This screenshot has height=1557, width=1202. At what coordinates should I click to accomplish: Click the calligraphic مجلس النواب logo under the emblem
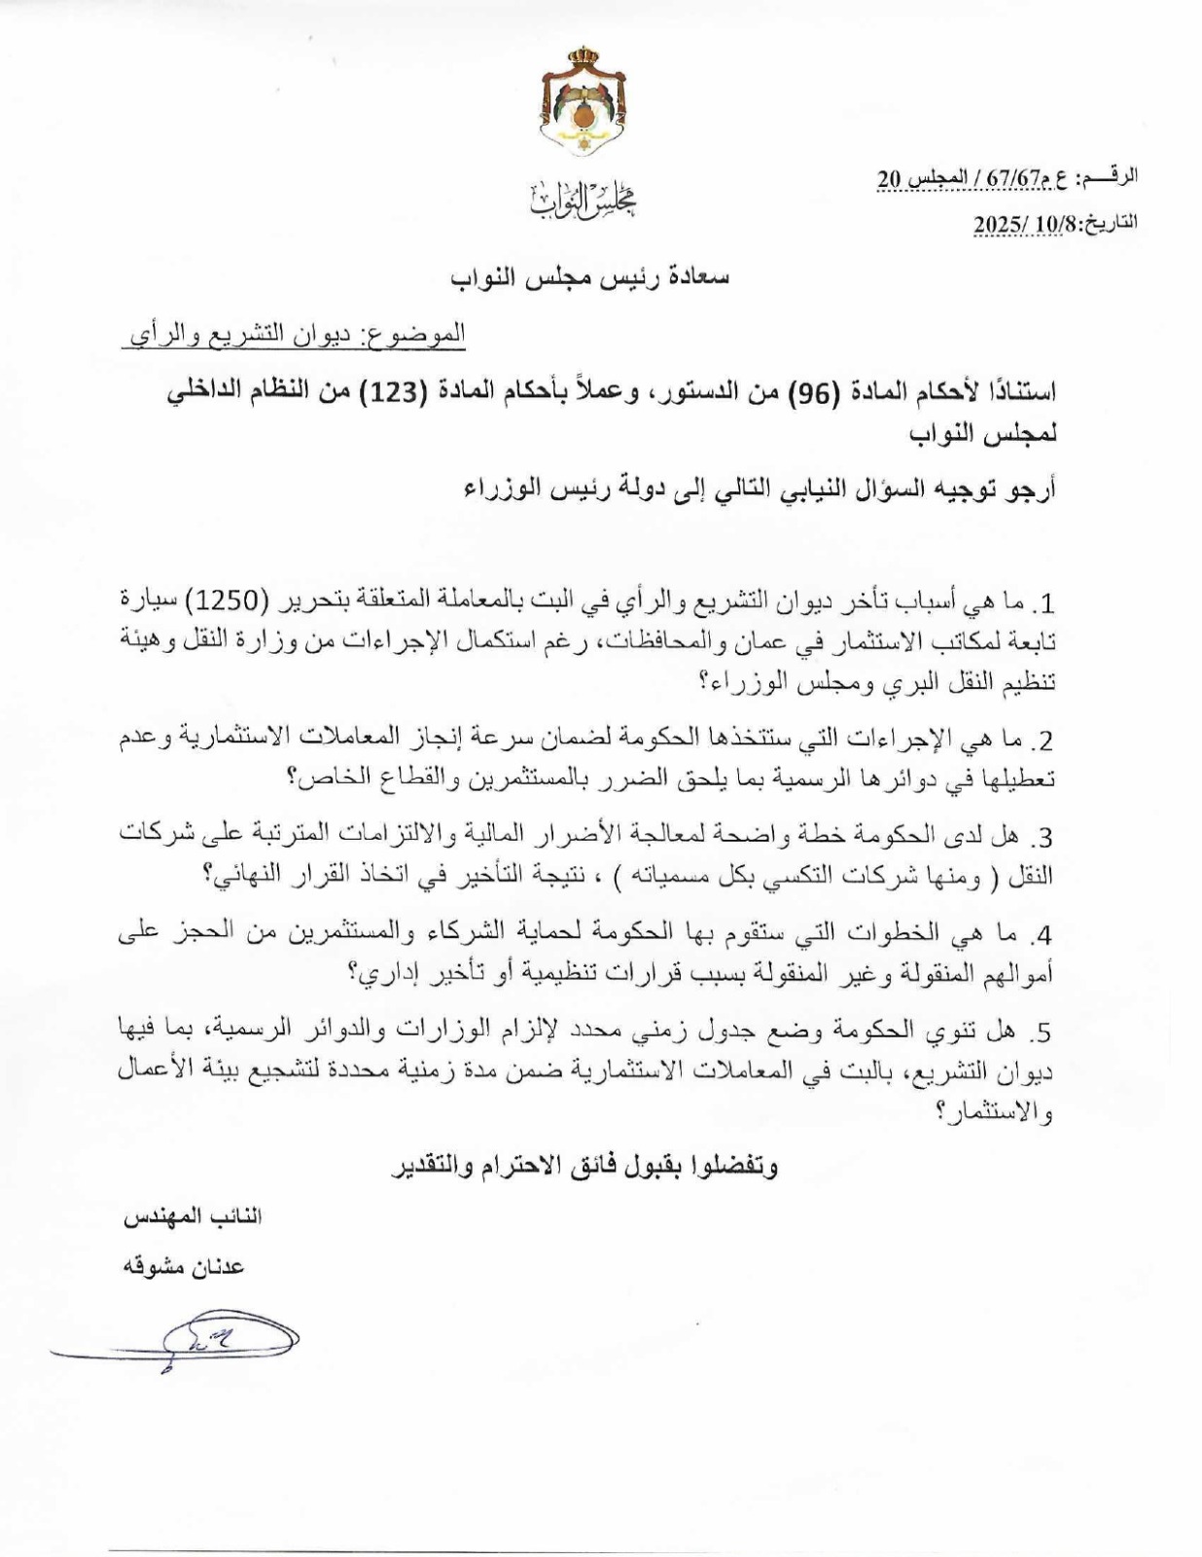tap(583, 200)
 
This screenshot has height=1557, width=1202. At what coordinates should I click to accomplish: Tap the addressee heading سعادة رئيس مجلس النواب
tap(589, 276)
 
